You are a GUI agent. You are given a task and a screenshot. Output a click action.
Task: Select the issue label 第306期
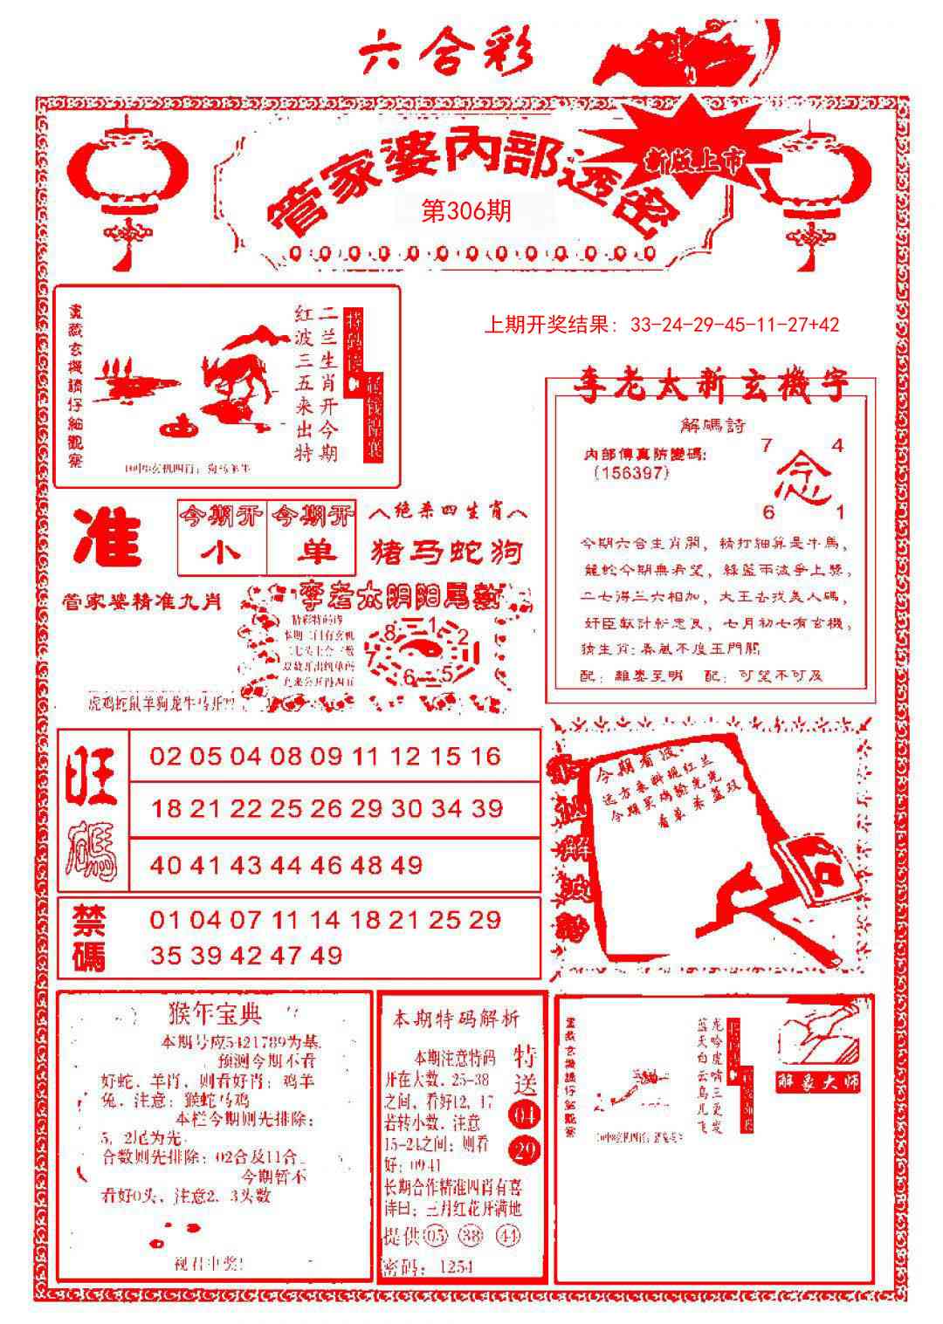tap(466, 211)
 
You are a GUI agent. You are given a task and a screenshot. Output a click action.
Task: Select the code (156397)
tap(630, 472)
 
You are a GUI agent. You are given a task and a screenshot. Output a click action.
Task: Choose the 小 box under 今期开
tap(221, 552)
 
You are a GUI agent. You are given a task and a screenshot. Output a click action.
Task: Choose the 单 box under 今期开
tap(313, 552)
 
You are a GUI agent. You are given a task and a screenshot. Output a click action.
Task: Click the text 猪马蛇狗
tap(448, 552)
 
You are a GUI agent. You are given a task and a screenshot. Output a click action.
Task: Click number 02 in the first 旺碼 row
tap(165, 756)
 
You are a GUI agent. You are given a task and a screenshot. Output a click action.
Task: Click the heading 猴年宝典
tap(214, 1014)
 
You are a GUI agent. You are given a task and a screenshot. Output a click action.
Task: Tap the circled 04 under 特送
tap(526, 1115)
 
